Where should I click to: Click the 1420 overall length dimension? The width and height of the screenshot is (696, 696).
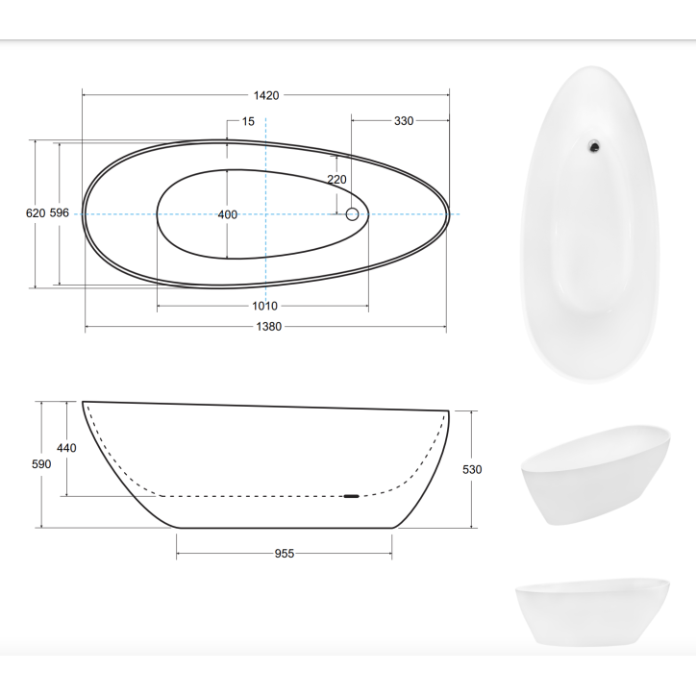click(266, 95)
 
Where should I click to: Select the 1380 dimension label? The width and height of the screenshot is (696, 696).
click(268, 327)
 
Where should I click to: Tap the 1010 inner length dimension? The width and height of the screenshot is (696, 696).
click(264, 306)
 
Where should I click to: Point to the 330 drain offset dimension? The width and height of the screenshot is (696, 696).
click(404, 121)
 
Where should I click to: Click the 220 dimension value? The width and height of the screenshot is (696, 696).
click(336, 180)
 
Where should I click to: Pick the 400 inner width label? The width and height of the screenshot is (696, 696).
click(227, 214)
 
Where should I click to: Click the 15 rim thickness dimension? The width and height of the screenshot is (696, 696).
click(248, 121)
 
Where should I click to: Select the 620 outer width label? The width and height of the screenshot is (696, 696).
click(36, 213)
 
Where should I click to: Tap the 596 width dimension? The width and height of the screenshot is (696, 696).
click(59, 212)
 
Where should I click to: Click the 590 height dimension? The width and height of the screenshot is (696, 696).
click(41, 464)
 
